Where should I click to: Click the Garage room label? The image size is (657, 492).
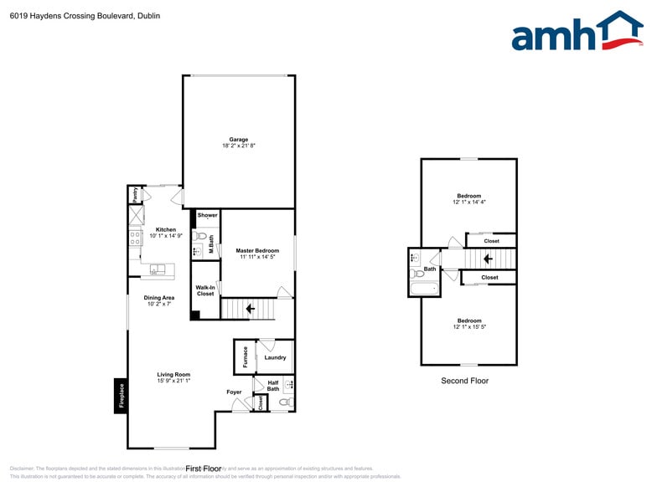tap(239, 140)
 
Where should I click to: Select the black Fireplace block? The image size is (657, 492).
tap(121, 396)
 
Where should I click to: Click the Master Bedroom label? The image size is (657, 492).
tap(257, 250)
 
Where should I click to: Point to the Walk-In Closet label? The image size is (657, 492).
tap(205, 291)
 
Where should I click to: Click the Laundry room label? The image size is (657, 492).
tap(275, 357)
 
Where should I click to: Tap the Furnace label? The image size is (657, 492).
tap(246, 357)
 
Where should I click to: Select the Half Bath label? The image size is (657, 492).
tap(273, 385)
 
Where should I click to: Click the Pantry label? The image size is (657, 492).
tap(134, 195)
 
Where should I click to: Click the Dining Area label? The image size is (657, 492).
tap(158, 297)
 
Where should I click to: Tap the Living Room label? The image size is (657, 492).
tap(173, 374)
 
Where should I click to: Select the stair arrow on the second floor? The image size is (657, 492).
tap(487, 259)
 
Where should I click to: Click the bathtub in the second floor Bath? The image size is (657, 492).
tap(423, 290)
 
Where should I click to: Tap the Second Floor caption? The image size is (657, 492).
tap(464, 381)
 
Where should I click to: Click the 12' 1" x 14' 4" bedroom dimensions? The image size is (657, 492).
tap(469, 202)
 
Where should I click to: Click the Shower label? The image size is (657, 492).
tap(207, 215)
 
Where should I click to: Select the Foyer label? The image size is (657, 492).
tap(234, 392)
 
